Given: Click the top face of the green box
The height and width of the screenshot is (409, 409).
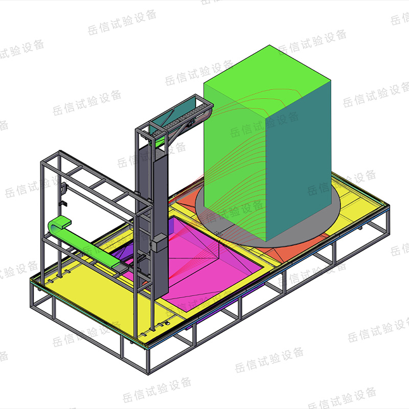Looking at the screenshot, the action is pos(267,81).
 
